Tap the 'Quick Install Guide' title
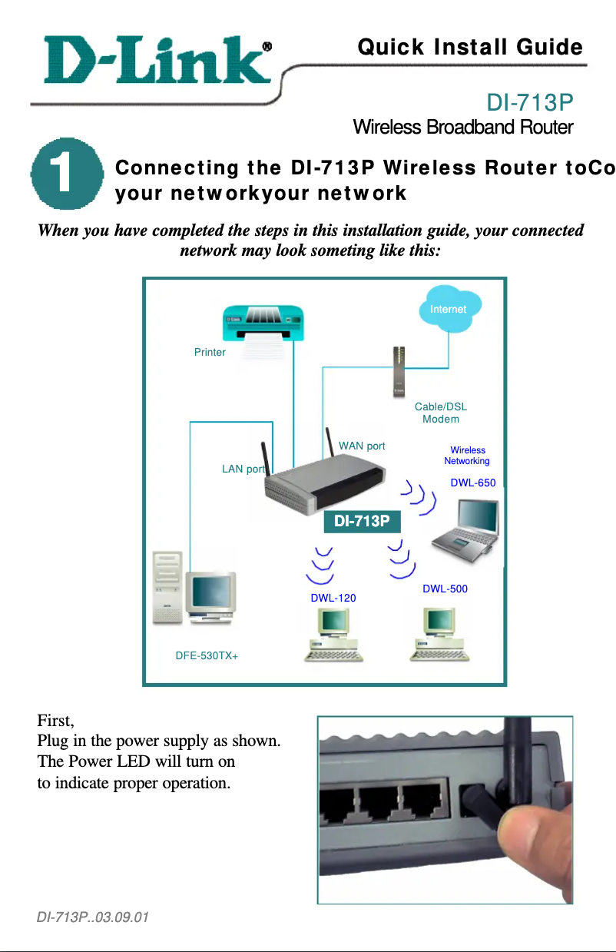click(470, 48)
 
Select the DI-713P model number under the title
click(531, 102)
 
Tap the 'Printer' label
click(210, 353)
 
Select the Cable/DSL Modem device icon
click(399, 371)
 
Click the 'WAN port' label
click(362, 446)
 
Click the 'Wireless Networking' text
click(467, 456)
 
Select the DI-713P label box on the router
click(362, 522)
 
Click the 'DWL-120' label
click(333, 597)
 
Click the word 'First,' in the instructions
click(55, 721)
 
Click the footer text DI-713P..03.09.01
click(93, 917)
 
